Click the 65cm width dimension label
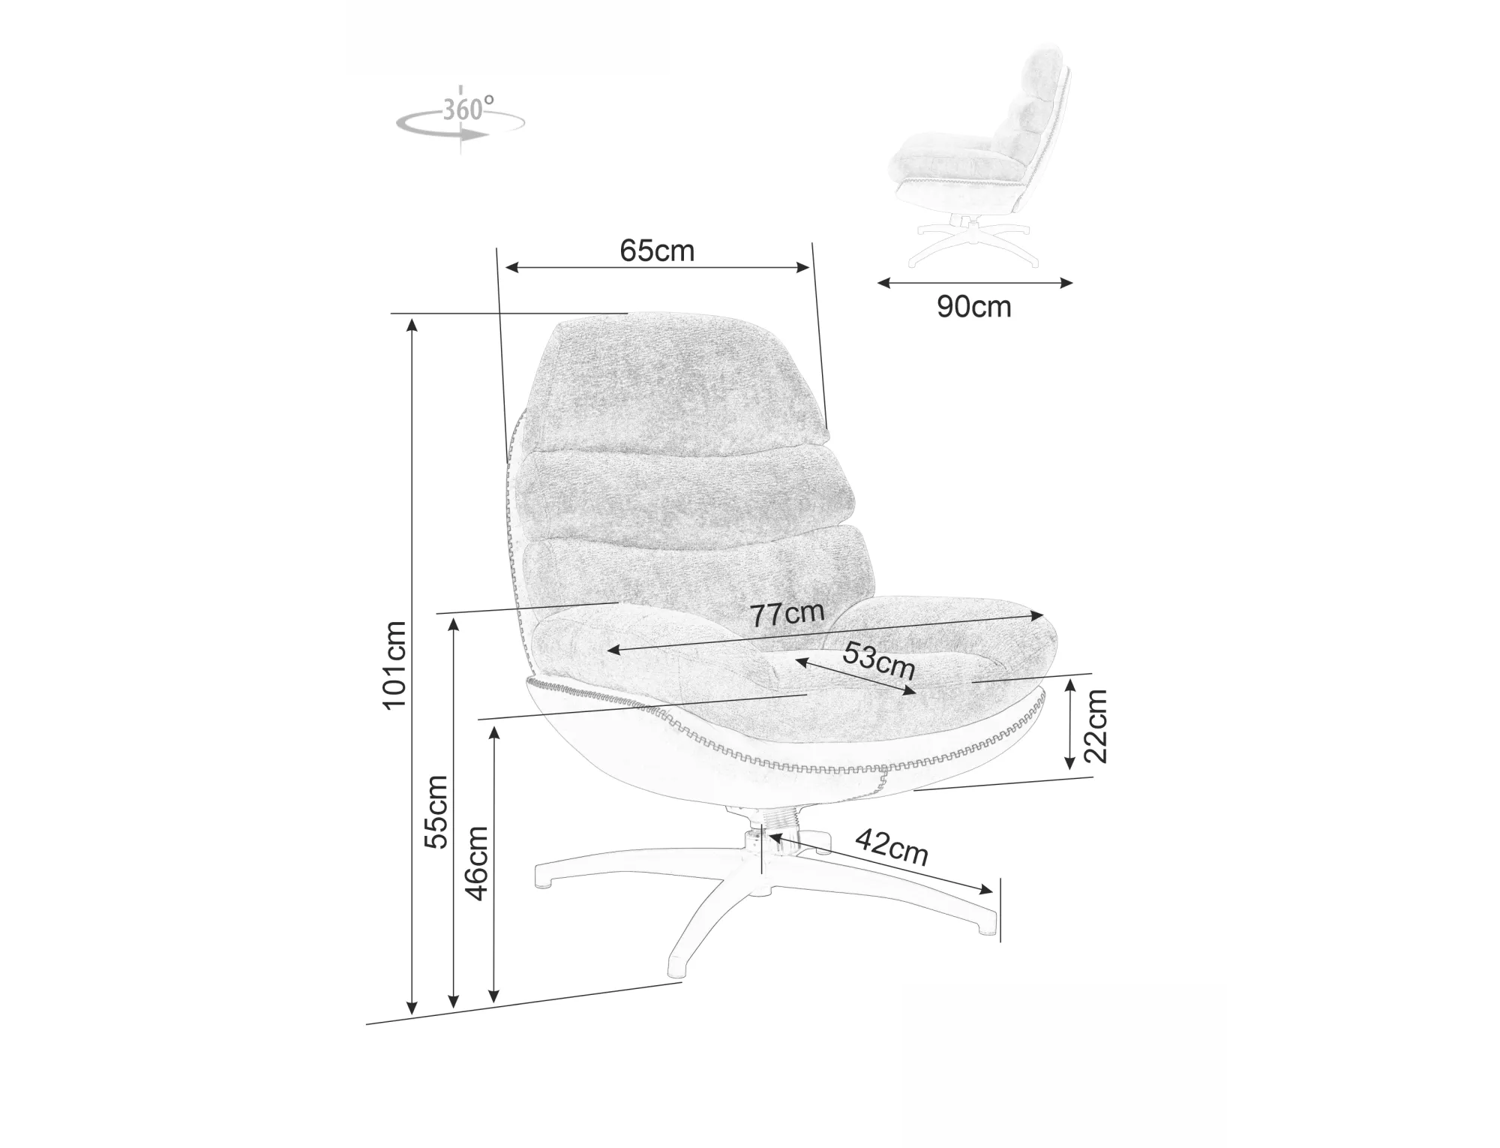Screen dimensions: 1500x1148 (x=657, y=251)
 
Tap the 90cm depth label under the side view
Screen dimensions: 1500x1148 (x=973, y=307)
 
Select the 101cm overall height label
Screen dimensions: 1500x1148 (x=394, y=665)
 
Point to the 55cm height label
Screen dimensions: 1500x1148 (x=436, y=812)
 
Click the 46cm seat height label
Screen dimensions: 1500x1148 (x=477, y=863)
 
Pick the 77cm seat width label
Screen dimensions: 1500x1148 (x=787, y=615)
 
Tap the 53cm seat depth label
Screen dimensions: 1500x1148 (x=879, y=660)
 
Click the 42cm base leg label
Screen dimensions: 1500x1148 (x=892, y=846)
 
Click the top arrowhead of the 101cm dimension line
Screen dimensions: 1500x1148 (x=411, y=324)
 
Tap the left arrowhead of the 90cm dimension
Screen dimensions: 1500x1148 (x=884, y=283)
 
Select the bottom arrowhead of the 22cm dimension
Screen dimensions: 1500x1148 (x=1070, y=762)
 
